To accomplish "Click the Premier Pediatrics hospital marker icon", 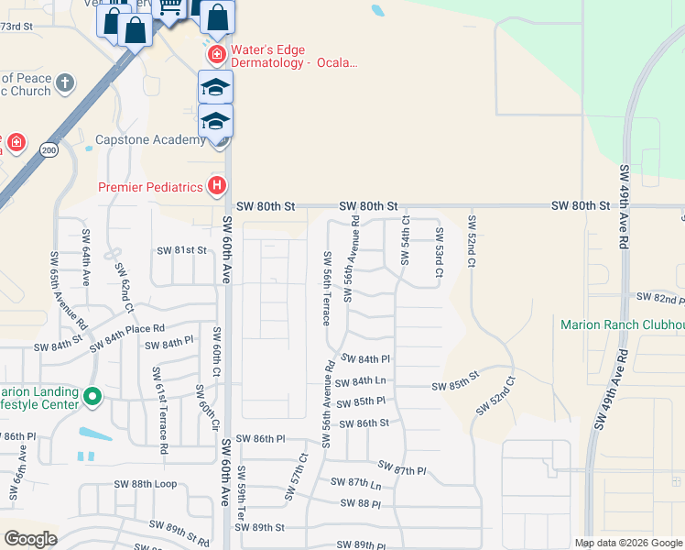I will pos(217,186).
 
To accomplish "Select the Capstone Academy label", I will pos(151,140).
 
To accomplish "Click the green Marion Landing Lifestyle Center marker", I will pos(92,398).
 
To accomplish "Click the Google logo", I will pos(30,538).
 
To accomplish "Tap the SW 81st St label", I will pos(182,250).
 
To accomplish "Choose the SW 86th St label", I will pos(364,423).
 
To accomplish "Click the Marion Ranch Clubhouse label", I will pos(623,325).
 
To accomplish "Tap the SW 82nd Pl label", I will pos(657,299).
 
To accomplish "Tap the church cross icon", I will pos(64,83).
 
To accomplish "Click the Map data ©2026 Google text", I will pos(627,543).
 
